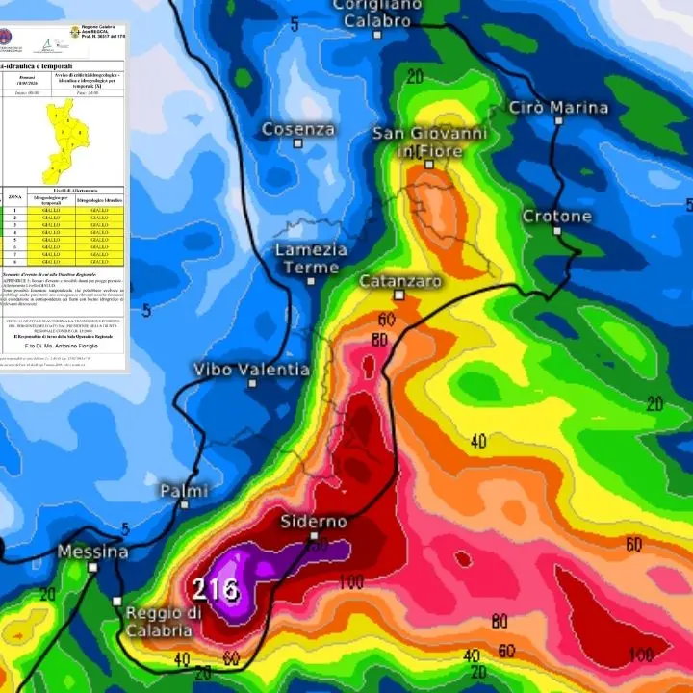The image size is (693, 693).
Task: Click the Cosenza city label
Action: (x=298, y=129)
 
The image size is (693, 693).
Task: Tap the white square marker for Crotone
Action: (x=556, y=232)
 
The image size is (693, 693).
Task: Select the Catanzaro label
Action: (x=400, y=281)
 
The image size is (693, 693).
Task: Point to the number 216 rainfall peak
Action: (x=216, y=588)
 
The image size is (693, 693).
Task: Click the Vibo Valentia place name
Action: (x=251, y=370)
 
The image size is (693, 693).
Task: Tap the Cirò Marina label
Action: (x=558, y=108)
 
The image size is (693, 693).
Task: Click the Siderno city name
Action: (x=314, y=522)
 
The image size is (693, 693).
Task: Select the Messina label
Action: (x=92, y=552)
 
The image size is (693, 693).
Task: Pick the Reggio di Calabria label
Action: (x=163, y=622)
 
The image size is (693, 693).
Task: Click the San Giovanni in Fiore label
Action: (x=429, y=142)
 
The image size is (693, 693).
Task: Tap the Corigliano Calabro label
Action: (x=377, y=13)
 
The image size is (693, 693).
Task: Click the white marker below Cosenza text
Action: (x=298, y=143)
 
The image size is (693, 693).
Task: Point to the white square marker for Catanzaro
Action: (x=398, y=295)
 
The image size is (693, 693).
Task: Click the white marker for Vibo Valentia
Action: (x=252, y=383)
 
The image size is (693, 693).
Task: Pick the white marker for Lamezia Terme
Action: (x=311, y=281)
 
